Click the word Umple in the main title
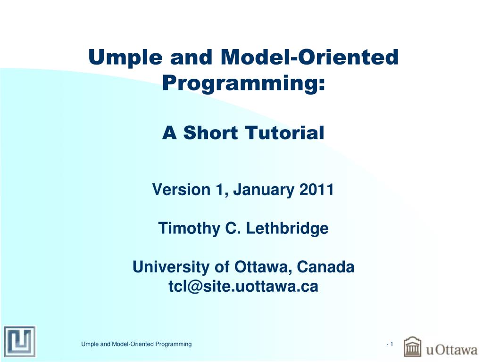click(125, 58)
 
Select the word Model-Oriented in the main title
click(310, 57)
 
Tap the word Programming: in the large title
click(244, 83)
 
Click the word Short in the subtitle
click(210, 132)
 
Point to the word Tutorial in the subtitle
click(285, 132)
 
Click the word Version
click(181, 189)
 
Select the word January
click(263, 190)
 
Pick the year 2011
click(316, 189)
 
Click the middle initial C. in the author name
click(233, 229)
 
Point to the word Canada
click(325, 267)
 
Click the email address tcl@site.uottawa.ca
click(243, 286)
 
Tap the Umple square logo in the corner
click(20, 342)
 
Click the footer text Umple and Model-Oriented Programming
click(136, 344)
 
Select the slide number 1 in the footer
click(391, 344)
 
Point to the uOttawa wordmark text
click(451, 350)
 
